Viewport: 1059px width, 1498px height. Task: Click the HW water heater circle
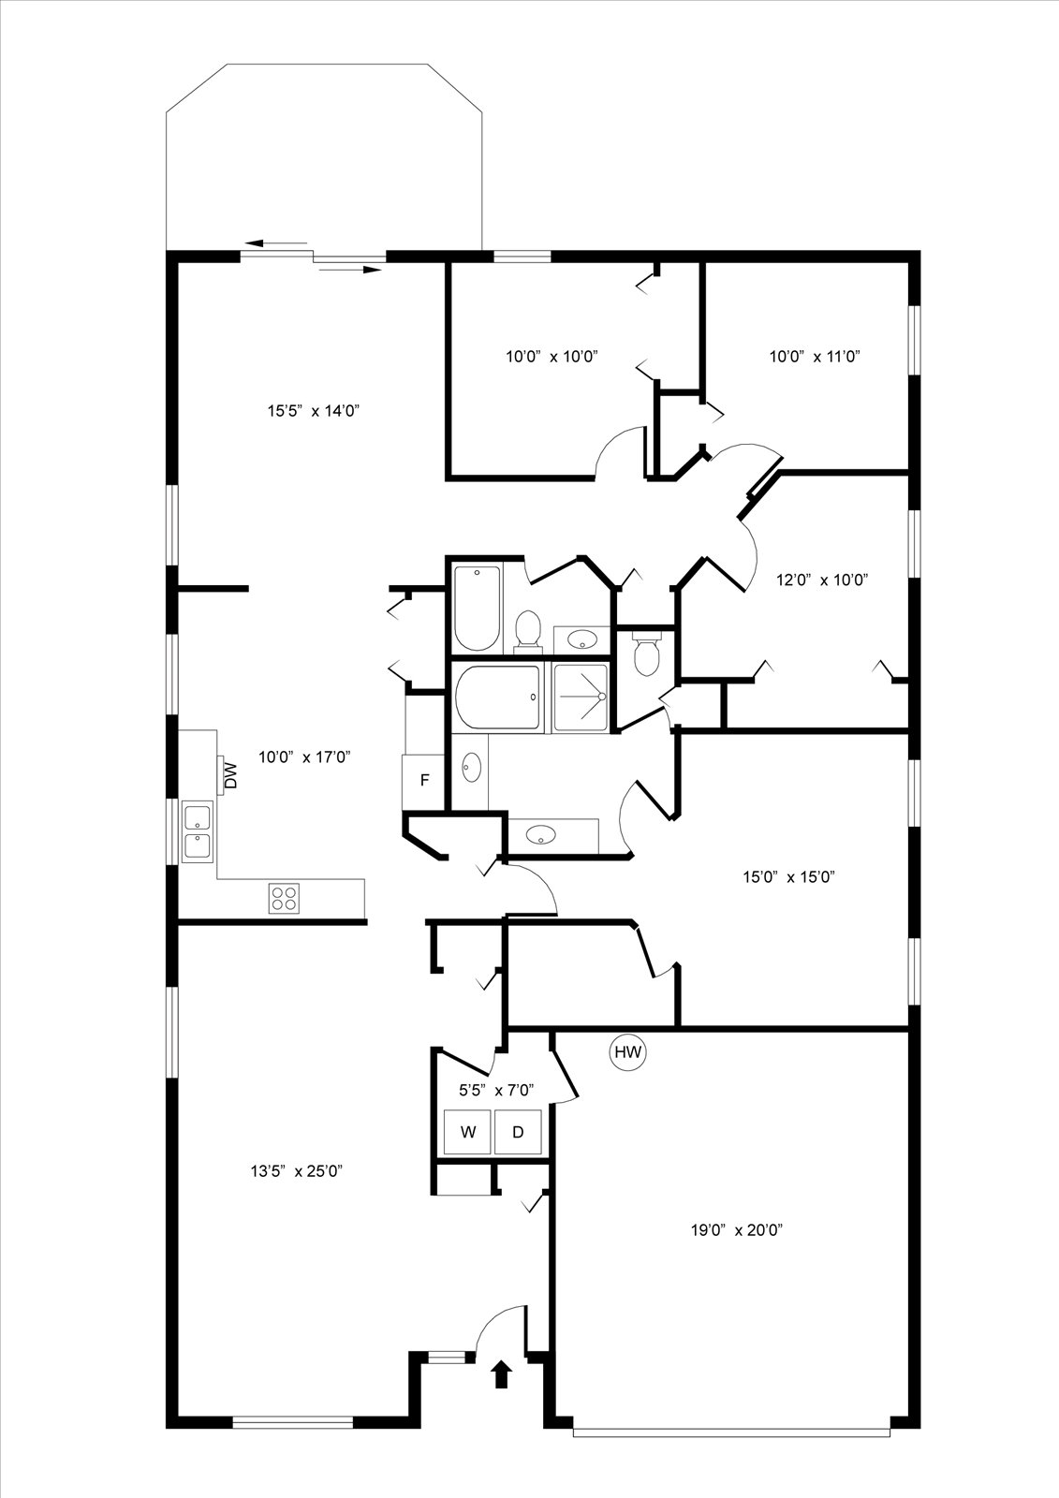pos(627,1052)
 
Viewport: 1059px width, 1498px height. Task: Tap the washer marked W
pos(468,1132)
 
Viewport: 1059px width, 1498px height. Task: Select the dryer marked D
pos(518,1132)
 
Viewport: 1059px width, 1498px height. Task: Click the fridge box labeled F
pos(423,781)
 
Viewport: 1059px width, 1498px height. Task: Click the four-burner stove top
pos(284,898)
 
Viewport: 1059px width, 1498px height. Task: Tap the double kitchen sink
pos(198,832)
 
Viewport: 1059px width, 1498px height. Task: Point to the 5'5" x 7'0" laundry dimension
pos(495,1091)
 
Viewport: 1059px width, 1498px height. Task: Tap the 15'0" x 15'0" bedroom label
pos(788,876)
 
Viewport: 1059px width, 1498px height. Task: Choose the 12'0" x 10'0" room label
pos(822,580)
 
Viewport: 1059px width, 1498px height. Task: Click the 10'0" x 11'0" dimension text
pos(815,357)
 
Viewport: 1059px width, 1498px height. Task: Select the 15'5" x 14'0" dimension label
pos(314,411)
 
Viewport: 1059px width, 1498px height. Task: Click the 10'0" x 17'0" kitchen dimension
pos(304,757)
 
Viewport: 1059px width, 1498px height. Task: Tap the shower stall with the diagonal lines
pos(581,697)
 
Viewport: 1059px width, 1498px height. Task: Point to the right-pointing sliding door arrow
pos(350,270)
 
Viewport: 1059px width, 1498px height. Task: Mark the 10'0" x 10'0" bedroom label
pos(552,357)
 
